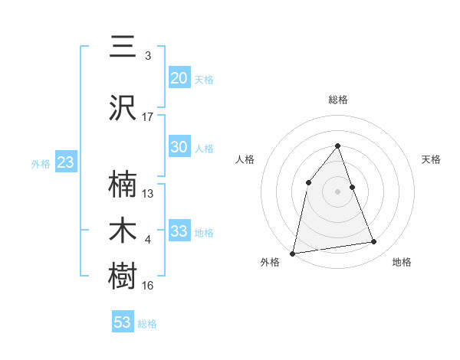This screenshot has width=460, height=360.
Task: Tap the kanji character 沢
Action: tap(123, 108)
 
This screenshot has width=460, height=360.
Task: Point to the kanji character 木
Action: tap(123, 231)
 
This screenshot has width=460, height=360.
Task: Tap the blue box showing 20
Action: tap(179, 78)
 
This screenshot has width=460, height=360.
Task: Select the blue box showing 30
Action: tap(179, 147)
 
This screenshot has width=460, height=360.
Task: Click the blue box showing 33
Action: tap(179, 231)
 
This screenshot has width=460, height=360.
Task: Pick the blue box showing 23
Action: tap(65, 162)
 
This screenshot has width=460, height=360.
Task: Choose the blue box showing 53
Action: tap(123, 322)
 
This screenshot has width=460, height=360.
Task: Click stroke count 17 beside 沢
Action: tap(148, 117)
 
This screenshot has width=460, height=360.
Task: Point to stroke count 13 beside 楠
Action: tap(148, 194)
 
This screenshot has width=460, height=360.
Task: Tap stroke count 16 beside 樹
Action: tap(148, 286)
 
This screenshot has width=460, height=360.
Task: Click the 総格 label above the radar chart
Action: tap(337, 100)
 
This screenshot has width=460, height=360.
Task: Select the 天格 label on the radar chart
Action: tap(432, 159)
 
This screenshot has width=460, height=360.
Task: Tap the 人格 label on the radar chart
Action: tap(245, 159)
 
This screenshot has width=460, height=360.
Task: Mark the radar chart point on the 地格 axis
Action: tap(374, 242)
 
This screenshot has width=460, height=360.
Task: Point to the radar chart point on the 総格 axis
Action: tap(337, 146)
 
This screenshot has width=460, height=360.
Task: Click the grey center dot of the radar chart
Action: tap(337, 191)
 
